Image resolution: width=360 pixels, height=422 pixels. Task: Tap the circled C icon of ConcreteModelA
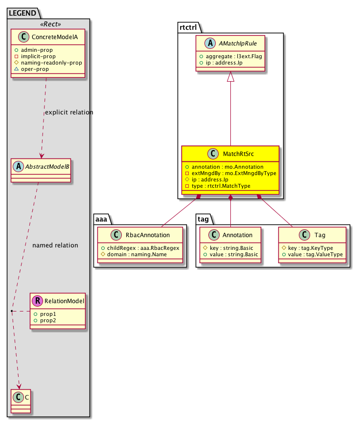pos(21,38)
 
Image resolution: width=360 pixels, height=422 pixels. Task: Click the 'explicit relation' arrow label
pos(68,112)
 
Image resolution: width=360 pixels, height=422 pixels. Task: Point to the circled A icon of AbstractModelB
pos(20,164)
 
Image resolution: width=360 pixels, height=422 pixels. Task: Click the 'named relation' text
pos(55,245)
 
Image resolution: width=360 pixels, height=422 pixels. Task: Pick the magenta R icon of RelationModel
pos(38,301)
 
